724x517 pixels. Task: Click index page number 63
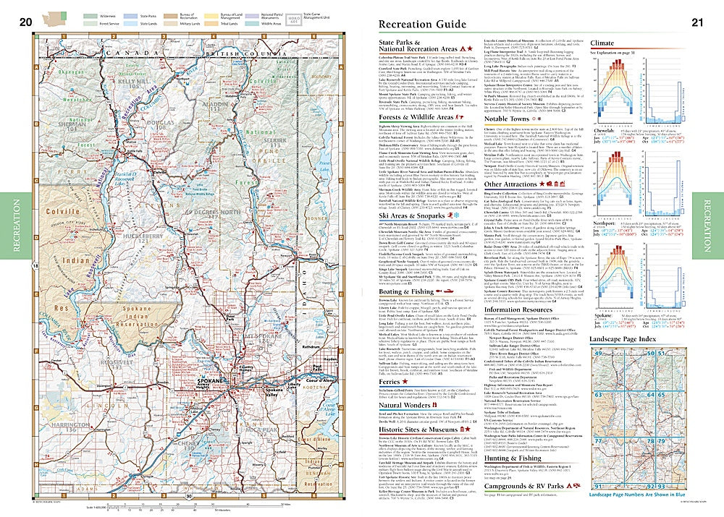point(598,396)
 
